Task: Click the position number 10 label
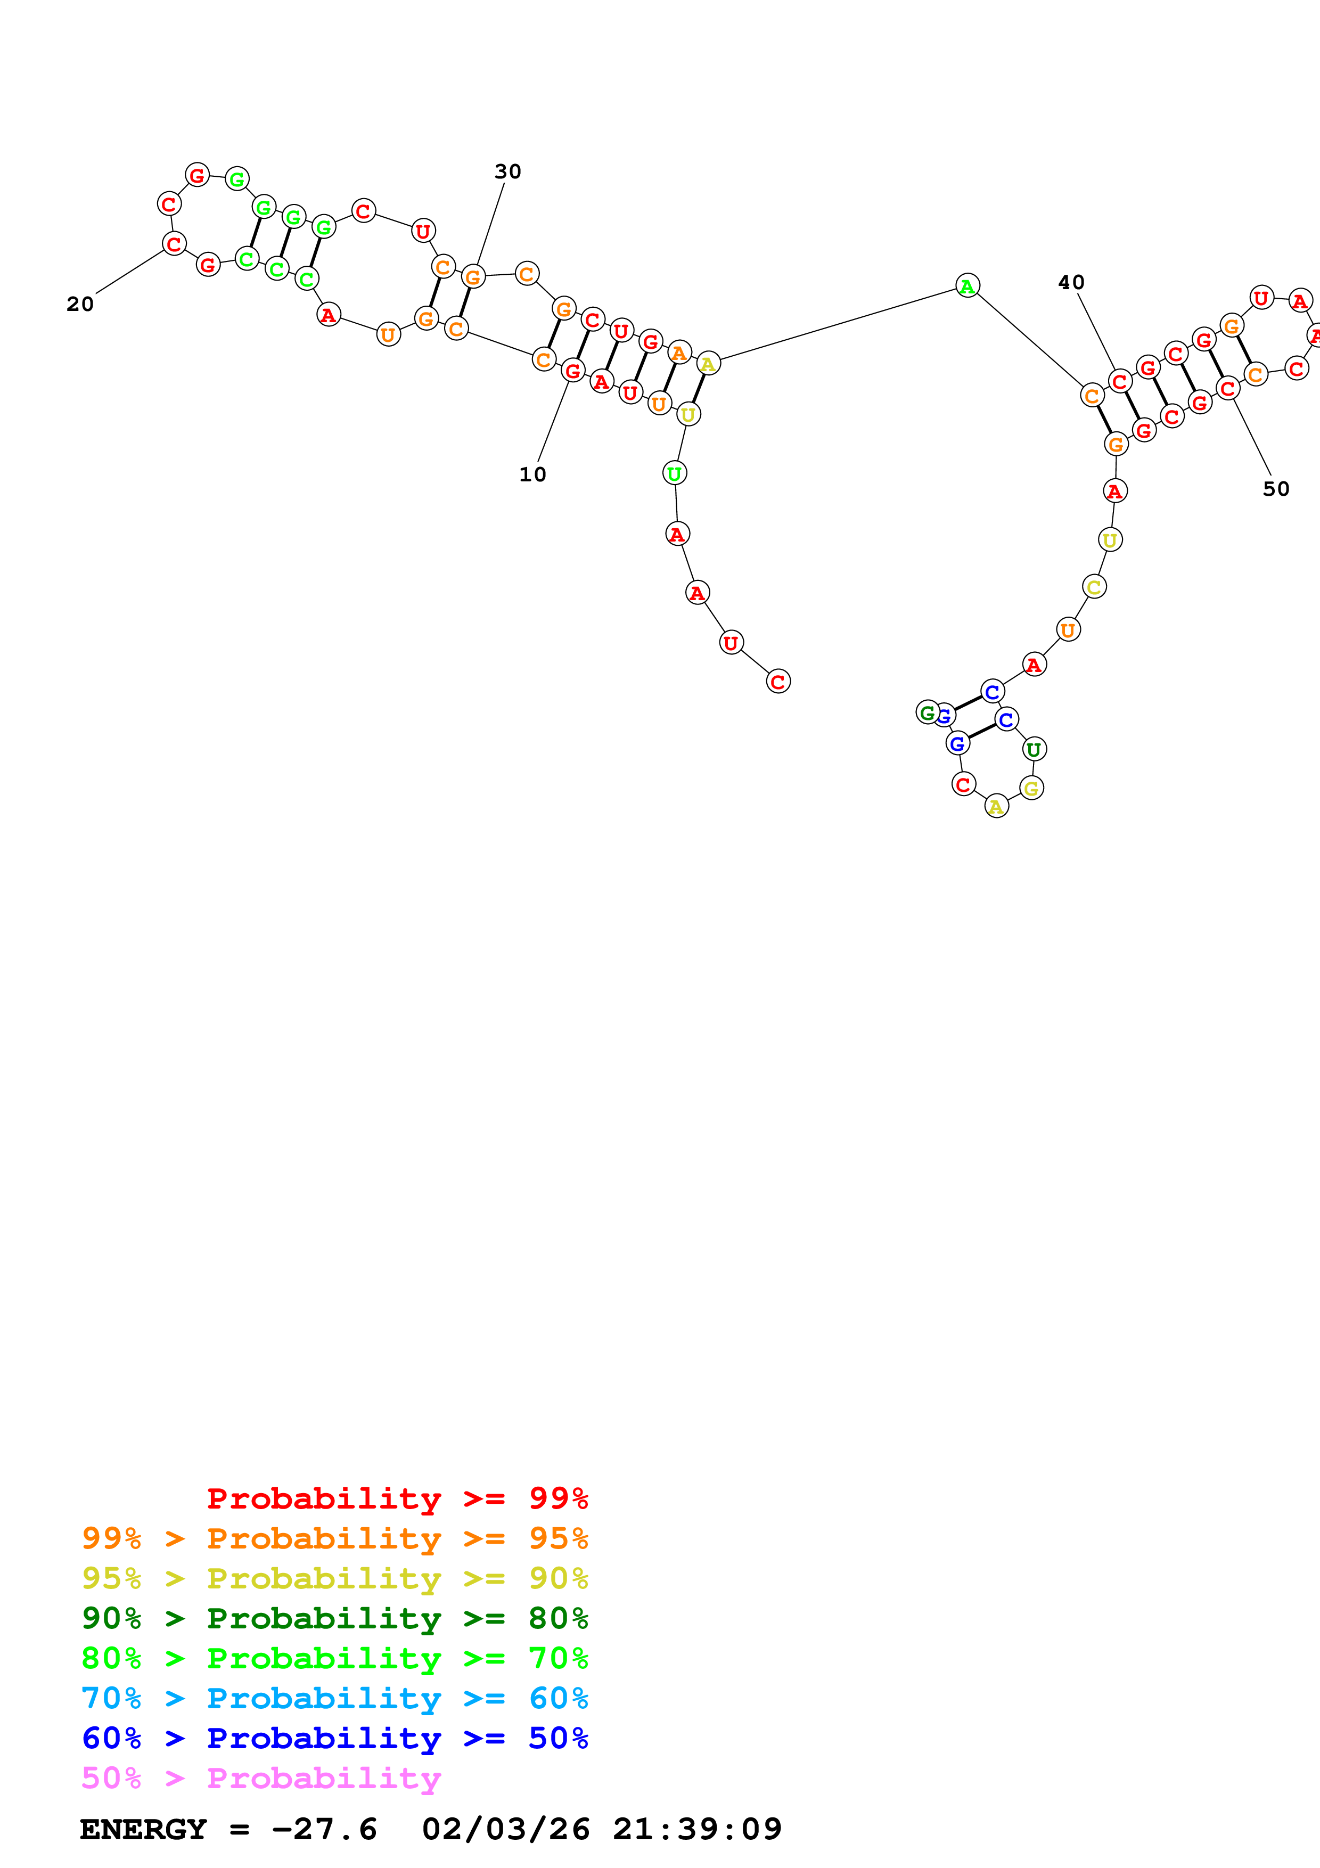click(532, 474)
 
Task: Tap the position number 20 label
click(80, 304)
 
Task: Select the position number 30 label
click(507, 171)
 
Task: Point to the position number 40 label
click(1071, 282)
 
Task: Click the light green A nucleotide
click(967, 285)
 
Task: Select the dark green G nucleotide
click(927, 712)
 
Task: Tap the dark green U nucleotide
click(1034, 749)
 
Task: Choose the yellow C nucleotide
click(1095, 587)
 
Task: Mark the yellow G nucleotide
click(1031, 789)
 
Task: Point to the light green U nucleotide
click(674, 473)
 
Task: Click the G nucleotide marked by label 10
click(572, 371)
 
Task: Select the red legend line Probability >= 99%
click(397, 1498)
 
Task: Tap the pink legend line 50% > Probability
click(261, 1777)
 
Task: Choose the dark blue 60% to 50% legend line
click(334, 1738)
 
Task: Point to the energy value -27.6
click(324, 1829)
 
